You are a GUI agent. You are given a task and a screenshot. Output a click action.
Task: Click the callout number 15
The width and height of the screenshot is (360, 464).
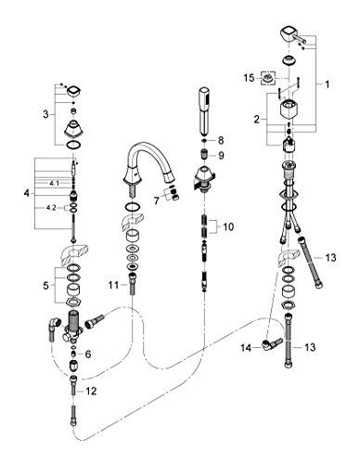pos(249,78)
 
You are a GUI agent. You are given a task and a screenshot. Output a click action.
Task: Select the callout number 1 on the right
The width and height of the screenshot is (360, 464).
pos(327,84)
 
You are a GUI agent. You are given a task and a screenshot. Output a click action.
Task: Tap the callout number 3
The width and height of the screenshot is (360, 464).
pos(45,114)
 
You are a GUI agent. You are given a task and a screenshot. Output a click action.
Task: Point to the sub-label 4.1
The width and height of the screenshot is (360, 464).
pos(54,183)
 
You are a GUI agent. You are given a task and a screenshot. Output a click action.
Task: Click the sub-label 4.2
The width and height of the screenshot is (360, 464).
pos(51,208)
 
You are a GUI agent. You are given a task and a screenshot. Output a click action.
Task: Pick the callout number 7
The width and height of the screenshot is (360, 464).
pos(157,201)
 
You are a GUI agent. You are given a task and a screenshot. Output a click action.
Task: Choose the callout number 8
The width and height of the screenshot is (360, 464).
pos(221,140)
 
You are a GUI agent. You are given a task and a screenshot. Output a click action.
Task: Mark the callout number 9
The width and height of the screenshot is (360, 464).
pos(221,155)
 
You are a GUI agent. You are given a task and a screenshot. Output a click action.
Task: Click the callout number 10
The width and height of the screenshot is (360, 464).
pos(228,226)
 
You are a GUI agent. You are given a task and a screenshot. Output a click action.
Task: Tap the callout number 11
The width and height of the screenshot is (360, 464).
pos(113,285)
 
